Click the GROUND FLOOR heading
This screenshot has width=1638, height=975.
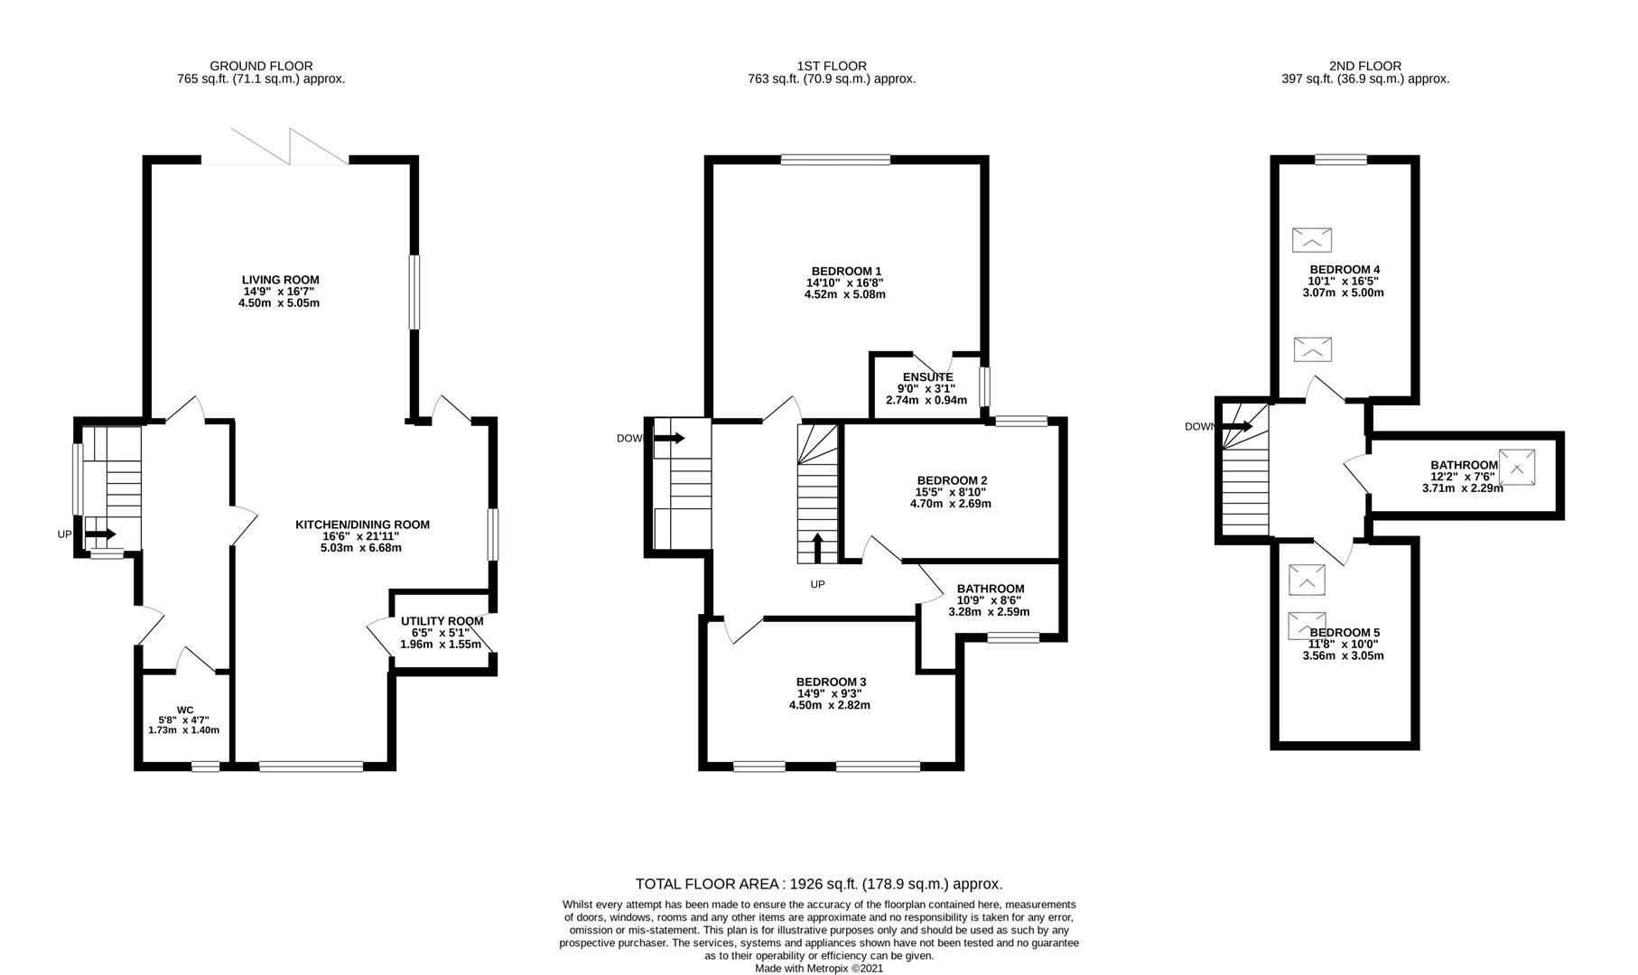coord(261,66)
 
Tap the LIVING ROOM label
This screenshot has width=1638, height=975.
coord(280,280)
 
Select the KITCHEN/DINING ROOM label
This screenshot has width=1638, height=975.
coord(362,525)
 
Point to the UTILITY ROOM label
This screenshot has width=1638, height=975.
coord(442,621)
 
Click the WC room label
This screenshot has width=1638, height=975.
coord(185,710)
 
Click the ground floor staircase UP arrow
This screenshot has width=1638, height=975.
coord(99,534)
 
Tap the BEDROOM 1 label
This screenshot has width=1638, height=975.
coord(846,271)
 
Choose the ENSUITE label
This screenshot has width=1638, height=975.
coord(927,377)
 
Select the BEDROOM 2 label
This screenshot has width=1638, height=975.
coord(952,480)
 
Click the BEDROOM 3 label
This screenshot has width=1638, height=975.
coord(831,682)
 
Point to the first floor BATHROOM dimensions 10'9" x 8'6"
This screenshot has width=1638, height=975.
coord(991,599)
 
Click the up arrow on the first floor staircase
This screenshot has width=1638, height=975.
coord(818,548)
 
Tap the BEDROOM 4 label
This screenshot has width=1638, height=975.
coord(1345,269)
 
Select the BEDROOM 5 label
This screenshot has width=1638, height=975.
coord(1345,632)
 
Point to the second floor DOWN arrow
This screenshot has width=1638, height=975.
coord(1236,426)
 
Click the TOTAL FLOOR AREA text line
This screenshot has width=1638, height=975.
coord(819,884)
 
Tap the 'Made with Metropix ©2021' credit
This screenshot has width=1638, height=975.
coord(819,968)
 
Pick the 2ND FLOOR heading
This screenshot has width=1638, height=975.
coord(1364,66)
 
